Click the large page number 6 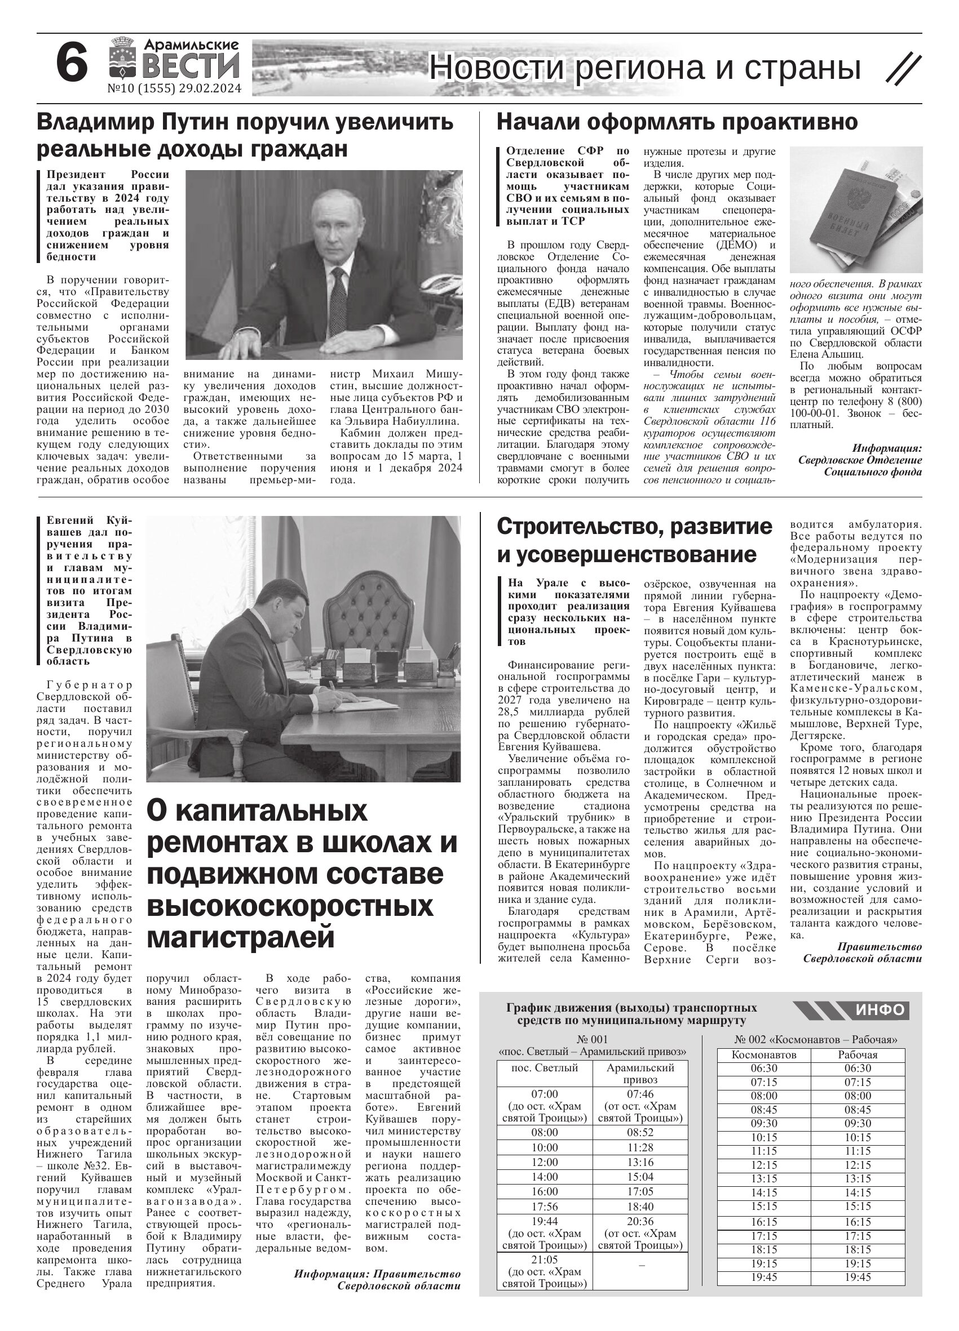click(72, 64)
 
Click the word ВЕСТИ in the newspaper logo click(191, 65)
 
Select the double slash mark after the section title click(903, 69)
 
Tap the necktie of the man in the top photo click(338, 300)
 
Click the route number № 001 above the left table click(592, 1039)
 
